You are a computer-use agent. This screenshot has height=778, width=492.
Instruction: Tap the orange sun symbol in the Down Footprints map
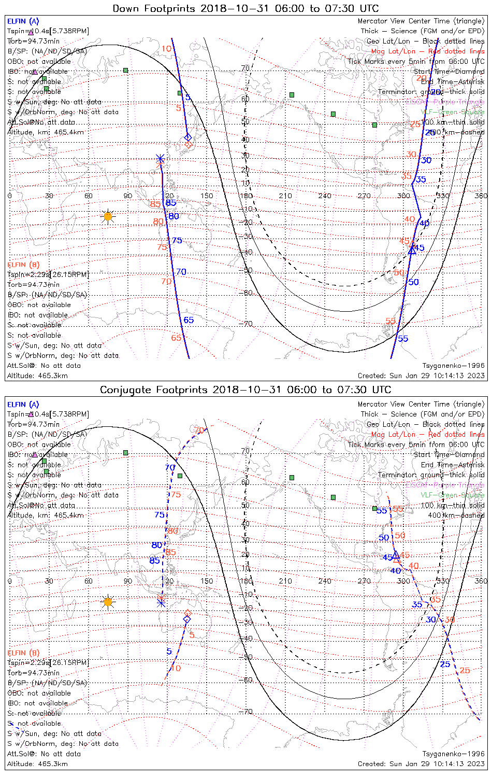(x=108, y=216)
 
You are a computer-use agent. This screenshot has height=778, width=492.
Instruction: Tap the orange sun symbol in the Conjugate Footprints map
(x=108, y=602)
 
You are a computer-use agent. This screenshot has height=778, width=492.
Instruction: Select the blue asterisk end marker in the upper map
(x=161, y=159)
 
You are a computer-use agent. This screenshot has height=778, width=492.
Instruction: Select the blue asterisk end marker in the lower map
(x=161, y=603)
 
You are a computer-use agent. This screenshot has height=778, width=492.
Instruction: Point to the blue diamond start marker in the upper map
(x=187, y=137)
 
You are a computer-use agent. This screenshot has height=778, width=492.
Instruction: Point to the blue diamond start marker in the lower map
(x=187, y=619)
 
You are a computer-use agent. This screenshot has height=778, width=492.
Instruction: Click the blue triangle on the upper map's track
(x=412, y=250)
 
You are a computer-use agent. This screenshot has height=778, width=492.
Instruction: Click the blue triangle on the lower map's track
(x=395, y=554)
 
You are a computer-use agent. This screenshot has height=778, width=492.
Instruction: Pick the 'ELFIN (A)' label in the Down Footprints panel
(x=23, y=21)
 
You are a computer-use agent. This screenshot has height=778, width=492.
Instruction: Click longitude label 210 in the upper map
(x=285, y=196)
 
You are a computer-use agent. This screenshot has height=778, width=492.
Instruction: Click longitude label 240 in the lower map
(x=325, y=581)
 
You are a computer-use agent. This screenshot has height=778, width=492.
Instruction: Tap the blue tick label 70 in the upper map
(x=181, y=272)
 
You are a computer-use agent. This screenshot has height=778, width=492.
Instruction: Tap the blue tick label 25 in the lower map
(x=445, y=664)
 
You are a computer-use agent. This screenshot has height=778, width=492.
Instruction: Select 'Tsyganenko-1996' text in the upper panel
(x=453, y=366)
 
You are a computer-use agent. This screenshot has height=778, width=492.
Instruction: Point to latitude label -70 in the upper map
(x=247, y=324)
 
